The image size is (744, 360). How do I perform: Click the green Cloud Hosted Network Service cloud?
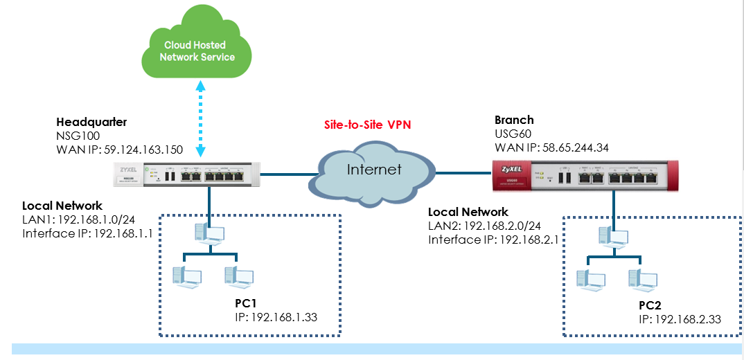[197, 50]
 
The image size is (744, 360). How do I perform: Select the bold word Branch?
[514, 120]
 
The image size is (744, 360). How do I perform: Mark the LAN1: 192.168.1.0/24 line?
[78, 219]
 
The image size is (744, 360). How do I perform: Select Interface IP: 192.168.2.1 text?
[493, 240]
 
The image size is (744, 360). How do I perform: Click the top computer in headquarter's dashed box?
[209, 233]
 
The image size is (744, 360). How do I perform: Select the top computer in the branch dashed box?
[612, 236]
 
